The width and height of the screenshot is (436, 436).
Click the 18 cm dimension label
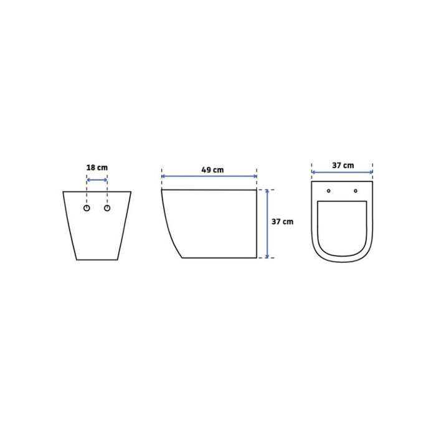(x=97, y=168)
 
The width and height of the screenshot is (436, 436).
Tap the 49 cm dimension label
(x=212, y=170)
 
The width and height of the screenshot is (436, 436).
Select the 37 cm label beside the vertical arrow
(x=282, y=222)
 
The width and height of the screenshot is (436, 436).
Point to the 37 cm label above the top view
(x=343, y=166)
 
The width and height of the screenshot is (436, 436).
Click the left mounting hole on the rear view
(x=87, y=208)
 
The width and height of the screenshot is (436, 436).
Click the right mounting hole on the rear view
(x=107, y=208)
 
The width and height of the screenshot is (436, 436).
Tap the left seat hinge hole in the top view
(x=329, y=191)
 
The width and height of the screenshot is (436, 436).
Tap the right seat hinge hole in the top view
(x=356, y=191)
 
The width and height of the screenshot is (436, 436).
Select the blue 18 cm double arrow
(x=97, y=180)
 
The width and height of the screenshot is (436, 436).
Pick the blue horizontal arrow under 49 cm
(x=209, y=176)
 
